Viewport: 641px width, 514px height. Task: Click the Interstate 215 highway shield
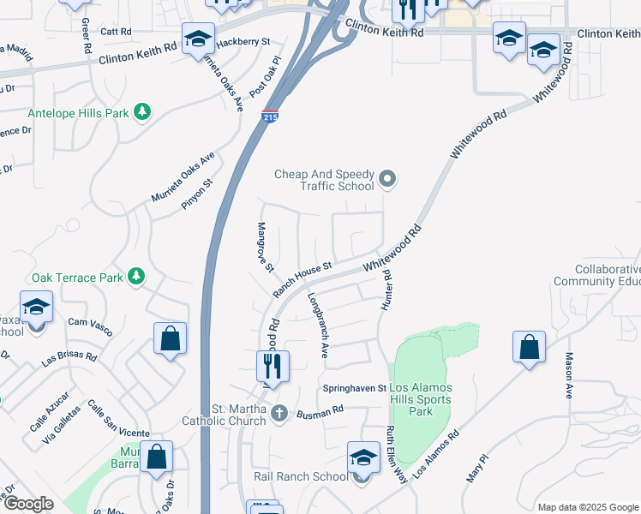click(269, 117)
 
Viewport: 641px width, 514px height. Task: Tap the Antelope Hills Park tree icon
click(142, 111)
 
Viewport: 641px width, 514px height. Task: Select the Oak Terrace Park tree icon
click(135, 276)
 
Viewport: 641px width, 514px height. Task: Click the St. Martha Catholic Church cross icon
click(279, 415)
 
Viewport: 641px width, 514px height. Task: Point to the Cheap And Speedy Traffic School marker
click(387, 179)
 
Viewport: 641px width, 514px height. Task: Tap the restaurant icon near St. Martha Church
click(273, 367)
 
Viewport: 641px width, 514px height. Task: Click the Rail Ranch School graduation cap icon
click(363, 457)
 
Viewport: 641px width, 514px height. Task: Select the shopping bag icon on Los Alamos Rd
click(530, 347)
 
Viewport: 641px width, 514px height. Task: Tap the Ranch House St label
click(303, 279)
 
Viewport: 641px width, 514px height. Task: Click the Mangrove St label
click(265, 248)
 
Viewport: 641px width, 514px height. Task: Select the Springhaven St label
click(355, 388)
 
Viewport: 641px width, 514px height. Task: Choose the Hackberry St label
click(243, 41)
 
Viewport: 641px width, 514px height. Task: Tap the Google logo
click(28, 504)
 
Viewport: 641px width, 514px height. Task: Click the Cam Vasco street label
click(90, 322)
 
